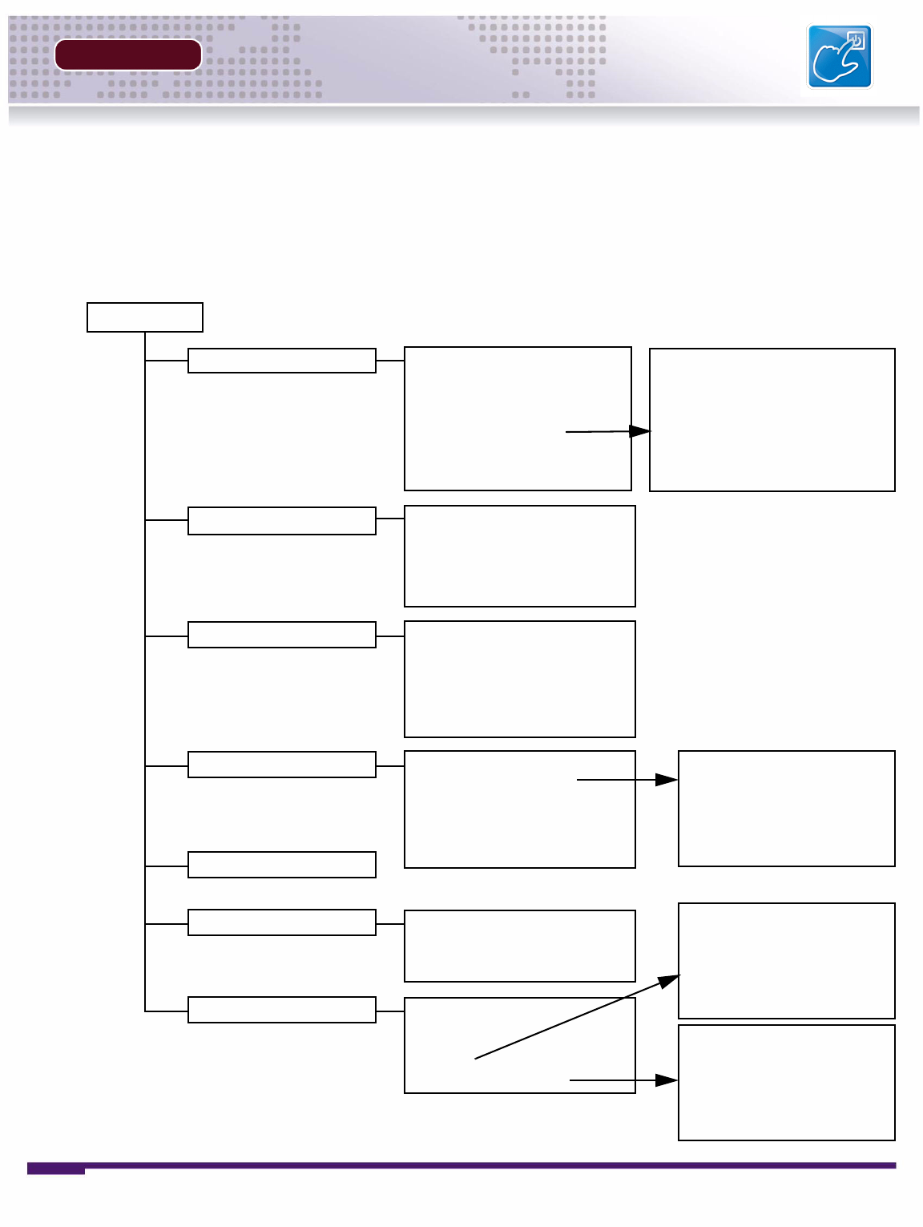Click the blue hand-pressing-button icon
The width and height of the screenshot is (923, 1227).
tap(839, 56)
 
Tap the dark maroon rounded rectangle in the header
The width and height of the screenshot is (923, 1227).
tap(127, 55)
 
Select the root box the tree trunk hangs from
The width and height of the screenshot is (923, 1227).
tap(144, 317)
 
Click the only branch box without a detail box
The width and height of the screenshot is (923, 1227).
tap(281, 865)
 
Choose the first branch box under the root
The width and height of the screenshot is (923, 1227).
tap(281, 361)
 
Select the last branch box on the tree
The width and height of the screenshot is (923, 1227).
tap(281, 1010)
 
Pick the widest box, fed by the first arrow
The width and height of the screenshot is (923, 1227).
tap(772, 420)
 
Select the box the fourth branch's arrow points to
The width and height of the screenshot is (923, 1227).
tap(786, 809)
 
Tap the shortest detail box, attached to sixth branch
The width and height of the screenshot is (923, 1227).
tap(519, 946)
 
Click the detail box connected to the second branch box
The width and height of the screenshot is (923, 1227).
tap(519, 556)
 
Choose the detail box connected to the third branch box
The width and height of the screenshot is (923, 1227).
tap(519, 679)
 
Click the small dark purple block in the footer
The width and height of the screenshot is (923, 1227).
tap(56, 1169)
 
